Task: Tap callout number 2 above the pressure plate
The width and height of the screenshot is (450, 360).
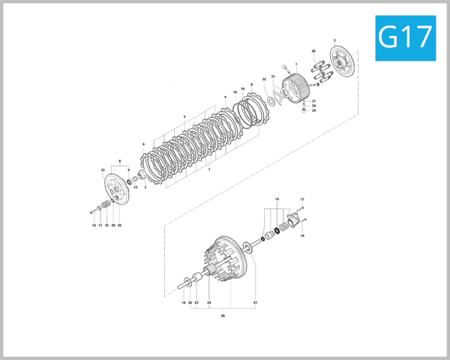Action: coord(334,39)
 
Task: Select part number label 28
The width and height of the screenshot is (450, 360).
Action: coord(313,51)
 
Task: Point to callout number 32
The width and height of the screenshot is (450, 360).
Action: coord(264,79)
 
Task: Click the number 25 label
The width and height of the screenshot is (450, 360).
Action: coord(314,110)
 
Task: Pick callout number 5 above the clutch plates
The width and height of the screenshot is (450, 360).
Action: coord(184,116)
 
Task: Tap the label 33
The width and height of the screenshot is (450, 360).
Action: coord(103,171)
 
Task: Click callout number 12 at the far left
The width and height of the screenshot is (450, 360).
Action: coord(94,225)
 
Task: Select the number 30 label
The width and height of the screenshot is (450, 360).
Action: coord(120,225)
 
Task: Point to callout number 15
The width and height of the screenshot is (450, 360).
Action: coord(277,199)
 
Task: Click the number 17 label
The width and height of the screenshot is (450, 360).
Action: coord(302,199)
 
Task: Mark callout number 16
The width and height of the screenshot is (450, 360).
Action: coord(302,235)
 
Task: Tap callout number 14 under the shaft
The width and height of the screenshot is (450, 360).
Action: coord(183,302)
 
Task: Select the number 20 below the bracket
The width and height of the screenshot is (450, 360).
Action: coord(223,316)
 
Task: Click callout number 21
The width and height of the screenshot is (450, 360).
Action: coord(255,302)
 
